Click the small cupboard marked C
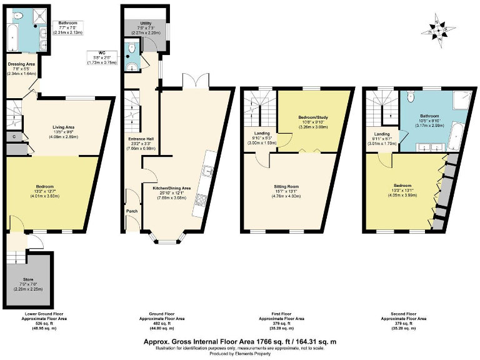click(x=14, y=136)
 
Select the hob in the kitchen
click(x=202, y=200)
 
